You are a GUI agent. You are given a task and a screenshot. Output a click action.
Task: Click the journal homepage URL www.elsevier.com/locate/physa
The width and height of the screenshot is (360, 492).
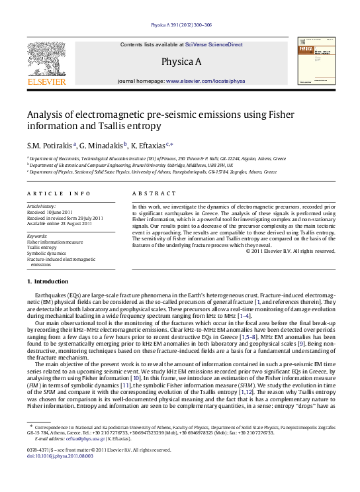[205, 81]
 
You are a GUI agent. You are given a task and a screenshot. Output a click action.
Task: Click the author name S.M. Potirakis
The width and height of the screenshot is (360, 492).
[50, 144]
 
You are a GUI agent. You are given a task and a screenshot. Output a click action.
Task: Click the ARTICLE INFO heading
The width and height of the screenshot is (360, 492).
[59, 193]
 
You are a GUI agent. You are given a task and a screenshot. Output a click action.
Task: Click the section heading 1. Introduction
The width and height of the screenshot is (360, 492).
[47, 301]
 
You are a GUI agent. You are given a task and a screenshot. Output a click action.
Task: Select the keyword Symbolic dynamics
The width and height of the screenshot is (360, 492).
[46, 253]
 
